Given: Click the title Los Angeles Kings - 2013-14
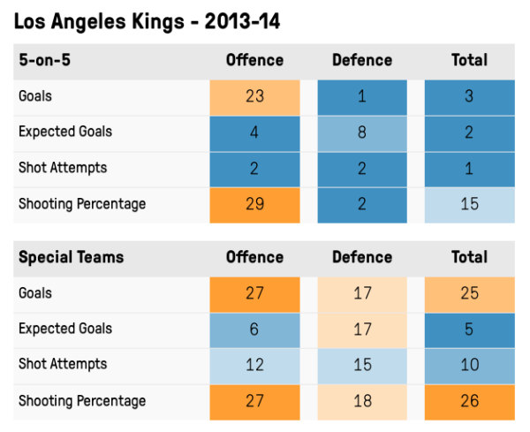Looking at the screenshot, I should tap(147, 22).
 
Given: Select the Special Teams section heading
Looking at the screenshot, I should tap(72, 257).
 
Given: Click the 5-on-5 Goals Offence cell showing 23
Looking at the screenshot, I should tap(255, 97).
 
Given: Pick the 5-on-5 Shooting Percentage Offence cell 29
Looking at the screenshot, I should tap(255, 204).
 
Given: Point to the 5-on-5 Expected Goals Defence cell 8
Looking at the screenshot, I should tap(362, 133).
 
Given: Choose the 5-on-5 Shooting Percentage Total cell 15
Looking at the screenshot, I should tap(469, 204).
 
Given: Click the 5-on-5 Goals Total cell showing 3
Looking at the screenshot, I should tap(469, 97).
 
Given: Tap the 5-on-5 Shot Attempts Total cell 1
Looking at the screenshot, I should tap(469, 169).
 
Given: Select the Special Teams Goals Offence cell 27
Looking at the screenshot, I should tap(255, 294).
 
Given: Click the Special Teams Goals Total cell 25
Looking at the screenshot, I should tap(469, 294).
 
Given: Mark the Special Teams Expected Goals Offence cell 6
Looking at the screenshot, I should tap(255, 330).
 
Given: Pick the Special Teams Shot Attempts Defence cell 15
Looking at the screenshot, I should tap(362, 365).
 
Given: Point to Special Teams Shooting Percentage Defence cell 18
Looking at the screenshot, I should tap(362, 401).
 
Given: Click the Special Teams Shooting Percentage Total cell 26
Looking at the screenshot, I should tap(469, 401).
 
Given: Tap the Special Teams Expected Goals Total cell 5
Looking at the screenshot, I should tap(469, 330).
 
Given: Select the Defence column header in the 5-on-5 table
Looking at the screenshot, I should tap(362, 60).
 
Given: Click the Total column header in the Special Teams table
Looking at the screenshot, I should tap(469, 257).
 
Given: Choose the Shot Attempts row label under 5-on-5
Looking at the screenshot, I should tap(63, 168).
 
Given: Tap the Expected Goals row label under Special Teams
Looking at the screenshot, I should tap(65, 329).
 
